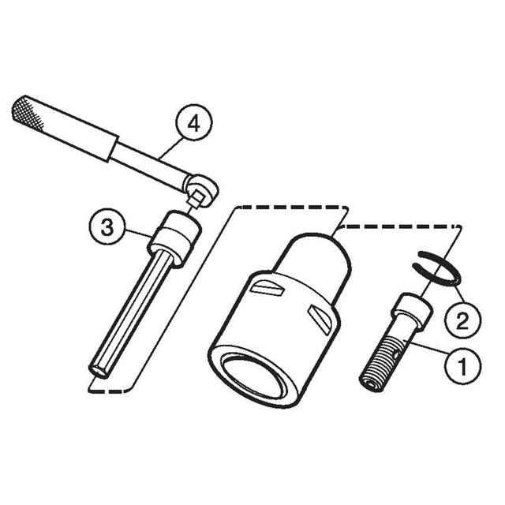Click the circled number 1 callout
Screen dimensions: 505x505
point(462,365)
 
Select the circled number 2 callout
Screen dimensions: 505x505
point(462,320)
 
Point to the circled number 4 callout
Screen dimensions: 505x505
point(193,123)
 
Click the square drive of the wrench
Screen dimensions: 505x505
point(196,199)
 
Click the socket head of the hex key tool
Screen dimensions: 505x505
point(174,238)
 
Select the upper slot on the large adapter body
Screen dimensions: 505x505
point(267,287)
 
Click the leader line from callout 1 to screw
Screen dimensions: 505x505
point(426,347)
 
